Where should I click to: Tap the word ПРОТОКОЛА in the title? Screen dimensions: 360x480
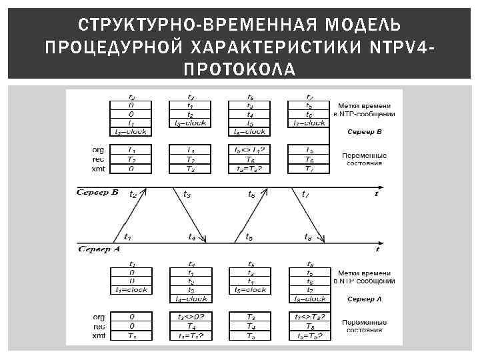pos(239,70)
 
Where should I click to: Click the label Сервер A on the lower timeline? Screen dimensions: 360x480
pos(99,249)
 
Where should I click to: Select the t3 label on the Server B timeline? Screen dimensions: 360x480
pos(187,195)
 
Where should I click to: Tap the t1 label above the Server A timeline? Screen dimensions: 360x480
pos(127,237)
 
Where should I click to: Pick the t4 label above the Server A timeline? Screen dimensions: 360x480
pos(191,237)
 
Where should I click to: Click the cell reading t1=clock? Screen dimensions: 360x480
pos(131,290)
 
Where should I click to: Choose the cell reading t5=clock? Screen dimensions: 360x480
pos(250,290)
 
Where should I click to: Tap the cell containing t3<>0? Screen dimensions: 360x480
pos(191,316)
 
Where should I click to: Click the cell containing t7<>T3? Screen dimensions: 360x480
pos(309,316)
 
